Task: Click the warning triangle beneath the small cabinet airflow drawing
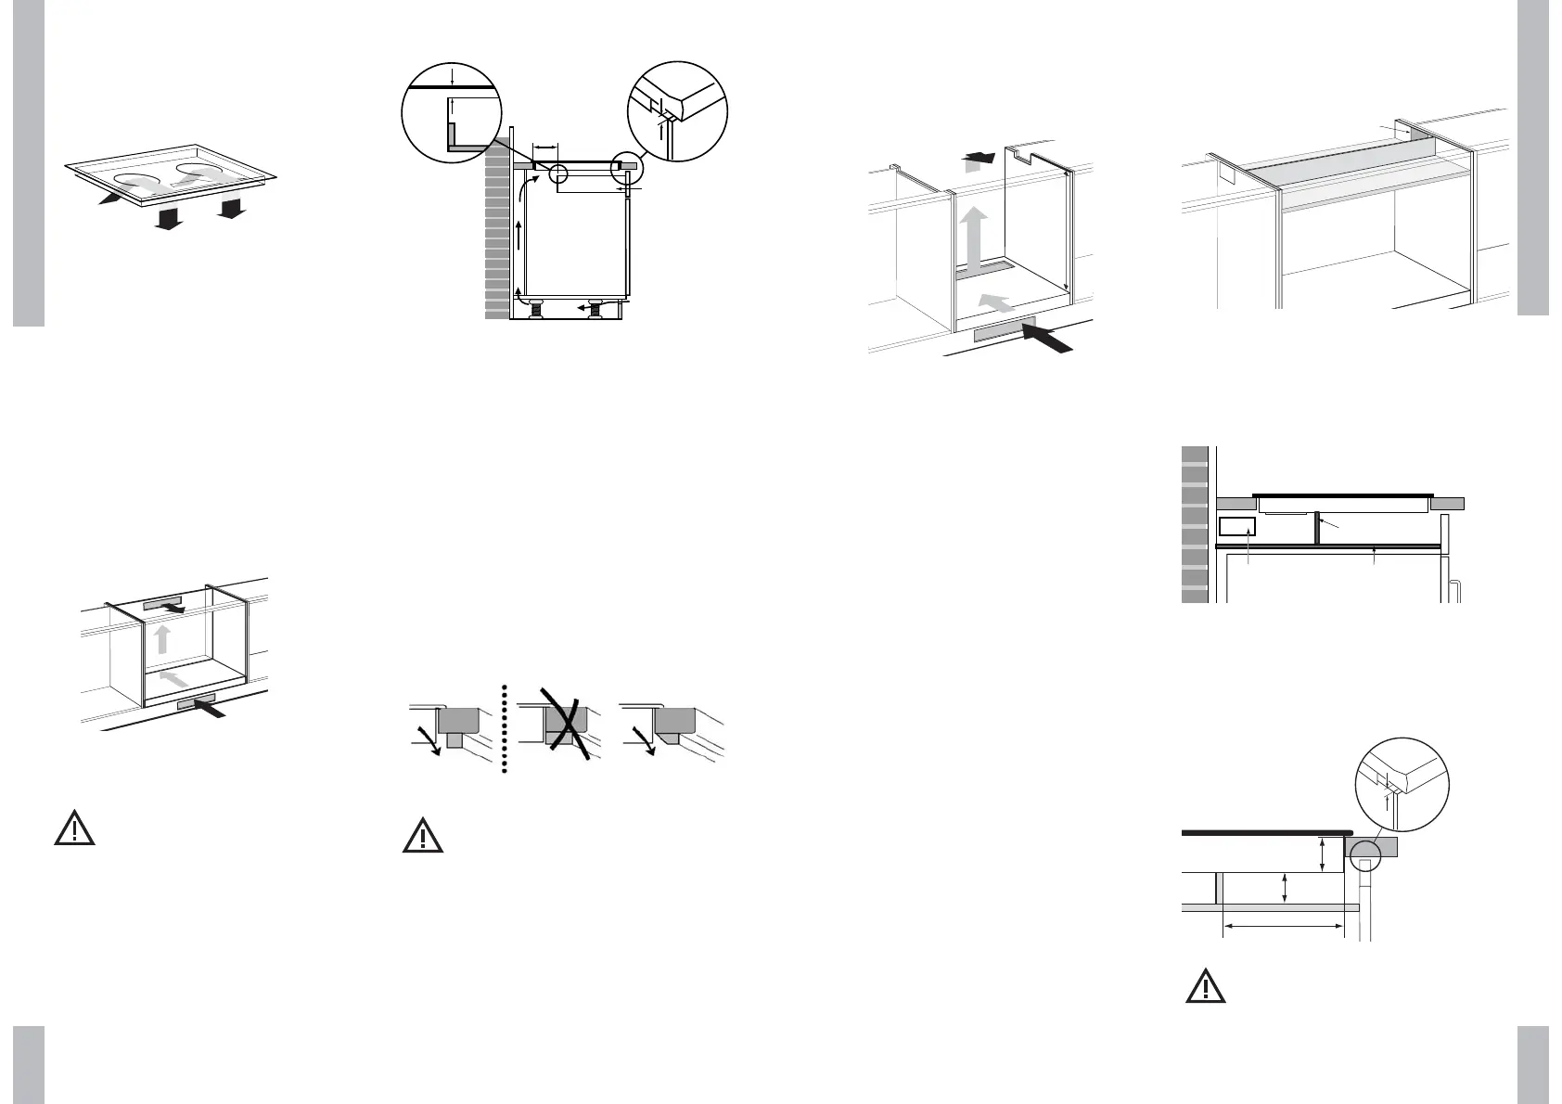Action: pos(74,828)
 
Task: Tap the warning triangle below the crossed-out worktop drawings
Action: pos(422,836)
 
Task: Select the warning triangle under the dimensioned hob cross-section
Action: pos(1205,987)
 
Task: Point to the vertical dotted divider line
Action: pos(505,729)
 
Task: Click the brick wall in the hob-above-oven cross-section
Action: pos(1195,524)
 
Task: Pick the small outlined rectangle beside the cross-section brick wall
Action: pos(1236,528)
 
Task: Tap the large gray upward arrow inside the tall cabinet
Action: pos(974,237)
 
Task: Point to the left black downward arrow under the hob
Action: pos(168,219)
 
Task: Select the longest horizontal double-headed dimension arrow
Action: pos(1284,925)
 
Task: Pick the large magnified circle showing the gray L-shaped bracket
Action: pos(452,111)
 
